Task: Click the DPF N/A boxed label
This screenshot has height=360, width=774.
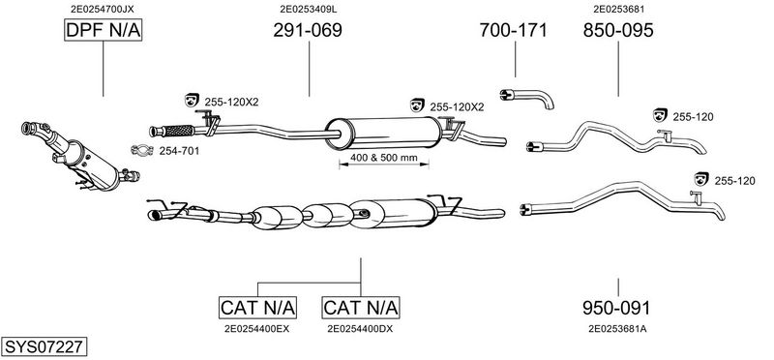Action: (104, 31)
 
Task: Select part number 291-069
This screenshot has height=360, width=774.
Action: (308, 31)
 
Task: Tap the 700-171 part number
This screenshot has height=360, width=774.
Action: (514, 31)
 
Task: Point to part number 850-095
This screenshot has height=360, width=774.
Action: (618, 31)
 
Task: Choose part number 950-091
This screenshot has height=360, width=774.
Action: (616, 308)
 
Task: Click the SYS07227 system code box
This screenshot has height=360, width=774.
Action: (44, 346)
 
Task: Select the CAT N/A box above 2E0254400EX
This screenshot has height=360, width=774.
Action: (257, 308)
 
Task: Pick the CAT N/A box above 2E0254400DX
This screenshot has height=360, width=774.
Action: (361, 308)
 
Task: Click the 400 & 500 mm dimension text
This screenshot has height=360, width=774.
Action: (384, 158)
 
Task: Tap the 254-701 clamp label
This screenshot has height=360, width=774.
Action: (179, 152)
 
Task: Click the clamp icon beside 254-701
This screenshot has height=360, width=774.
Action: (142, 150)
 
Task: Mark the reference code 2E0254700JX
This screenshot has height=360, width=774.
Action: (103, 9)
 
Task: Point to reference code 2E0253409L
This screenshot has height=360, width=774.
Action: (309, 9)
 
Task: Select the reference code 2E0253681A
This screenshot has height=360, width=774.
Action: (617, 328)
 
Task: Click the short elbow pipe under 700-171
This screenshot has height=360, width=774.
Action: (526, 98)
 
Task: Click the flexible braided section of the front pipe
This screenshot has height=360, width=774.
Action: (179, 131)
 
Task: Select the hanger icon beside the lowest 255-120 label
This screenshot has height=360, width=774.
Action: (700, 179)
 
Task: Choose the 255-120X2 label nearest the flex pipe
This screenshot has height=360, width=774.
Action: (231, 103)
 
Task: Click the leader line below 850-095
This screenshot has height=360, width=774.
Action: (618, 69)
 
